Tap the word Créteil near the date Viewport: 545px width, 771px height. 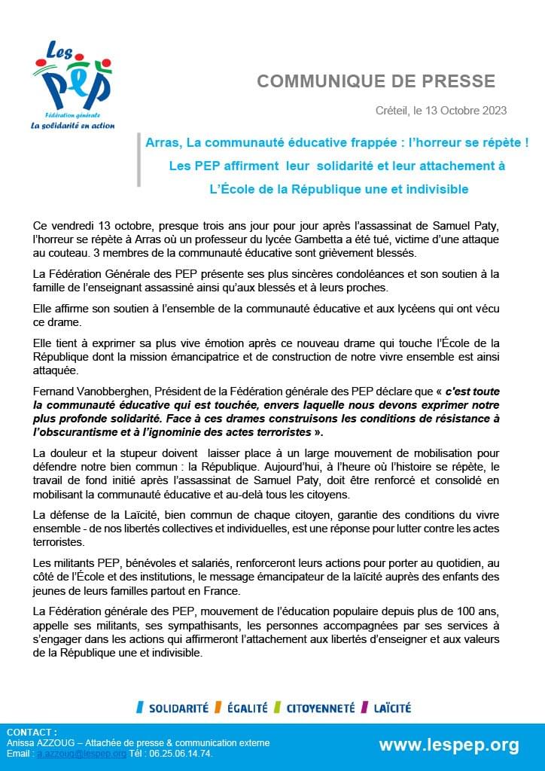click(x=391, y=111)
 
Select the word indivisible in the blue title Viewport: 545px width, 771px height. click(x=435, y=189)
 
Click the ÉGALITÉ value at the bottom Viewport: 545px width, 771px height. click(x=245, y=708)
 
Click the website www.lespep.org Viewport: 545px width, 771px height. click(x=449, y=745)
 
